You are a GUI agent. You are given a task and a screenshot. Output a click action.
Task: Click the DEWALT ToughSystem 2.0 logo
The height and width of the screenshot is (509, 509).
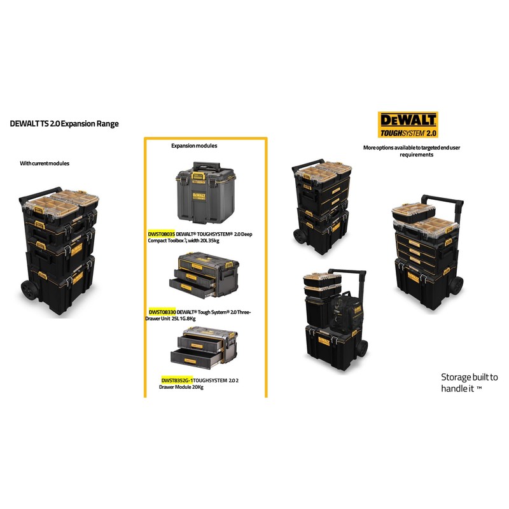[407, 125]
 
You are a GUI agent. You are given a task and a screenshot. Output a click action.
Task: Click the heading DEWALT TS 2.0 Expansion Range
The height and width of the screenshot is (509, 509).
[64, 124]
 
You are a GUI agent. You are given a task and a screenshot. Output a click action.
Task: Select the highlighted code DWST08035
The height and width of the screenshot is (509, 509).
[161, 234]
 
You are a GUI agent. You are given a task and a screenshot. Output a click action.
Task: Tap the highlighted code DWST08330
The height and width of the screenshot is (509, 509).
[162, 312]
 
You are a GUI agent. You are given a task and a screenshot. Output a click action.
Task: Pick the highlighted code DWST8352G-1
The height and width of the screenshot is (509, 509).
[177, 380]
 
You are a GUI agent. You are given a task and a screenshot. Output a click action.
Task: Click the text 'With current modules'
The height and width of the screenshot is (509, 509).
[45, 164]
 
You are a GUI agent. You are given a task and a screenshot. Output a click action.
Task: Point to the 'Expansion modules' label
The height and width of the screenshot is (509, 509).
[194, 146]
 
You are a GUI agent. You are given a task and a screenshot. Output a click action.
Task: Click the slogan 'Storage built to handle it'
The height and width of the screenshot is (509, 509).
[470, 382]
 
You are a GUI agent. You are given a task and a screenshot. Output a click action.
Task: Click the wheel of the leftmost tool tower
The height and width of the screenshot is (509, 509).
[28, 291]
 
